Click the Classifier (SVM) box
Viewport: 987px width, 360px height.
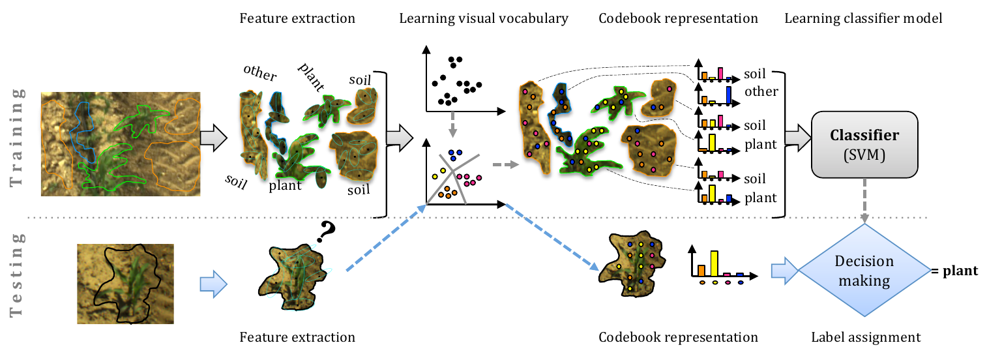[x=864, y=144]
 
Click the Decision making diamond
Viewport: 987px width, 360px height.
[x=864, y=271]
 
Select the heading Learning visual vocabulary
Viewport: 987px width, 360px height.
[x=484, y=18]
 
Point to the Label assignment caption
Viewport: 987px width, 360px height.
[x=866, y=337]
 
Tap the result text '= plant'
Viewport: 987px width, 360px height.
[x=955, y=270]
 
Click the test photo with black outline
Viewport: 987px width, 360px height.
[x=125, y=283]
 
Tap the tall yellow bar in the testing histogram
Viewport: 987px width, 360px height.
[x=714, y=262]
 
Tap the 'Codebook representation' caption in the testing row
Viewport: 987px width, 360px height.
[x=678, y=337]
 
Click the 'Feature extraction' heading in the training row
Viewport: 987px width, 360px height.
[x=297, y=18]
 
